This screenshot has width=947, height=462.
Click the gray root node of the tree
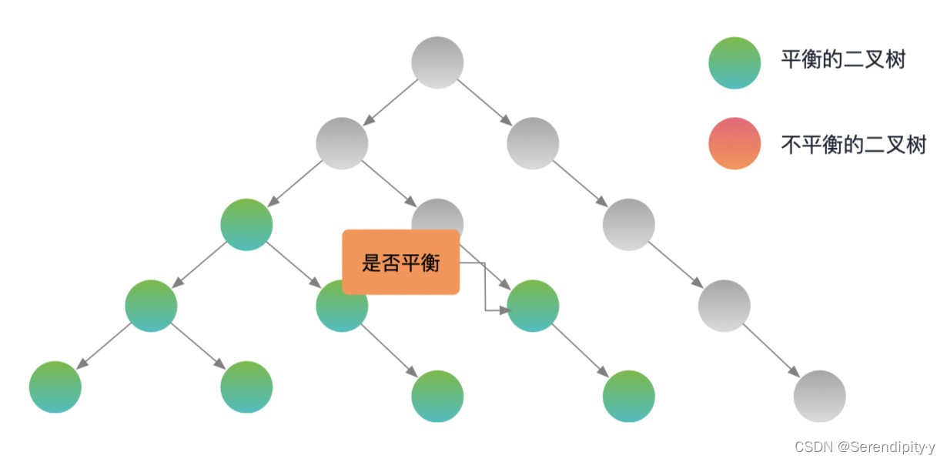[x=437, y=62]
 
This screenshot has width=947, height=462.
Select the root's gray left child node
[x=342, y=143]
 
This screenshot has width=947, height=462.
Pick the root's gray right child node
[x=533, y=143]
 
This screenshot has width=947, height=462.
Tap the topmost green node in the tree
[x=246, y=224]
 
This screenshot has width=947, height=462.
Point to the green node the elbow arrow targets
[x=533, y=306]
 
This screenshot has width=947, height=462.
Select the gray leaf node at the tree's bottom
[x=819, y=397]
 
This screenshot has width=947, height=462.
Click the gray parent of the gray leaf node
[x=724, y=306]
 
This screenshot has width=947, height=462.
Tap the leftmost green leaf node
[x=55, y=387]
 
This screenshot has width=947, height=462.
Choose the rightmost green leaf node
[x=628, y=397]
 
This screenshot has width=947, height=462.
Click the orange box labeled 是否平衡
[x=400, y=262]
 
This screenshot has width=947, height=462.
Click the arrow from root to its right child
[x=485, y=102]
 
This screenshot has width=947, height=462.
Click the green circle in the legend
[x=735, y=62]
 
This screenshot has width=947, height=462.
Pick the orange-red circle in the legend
[x=735, y=143]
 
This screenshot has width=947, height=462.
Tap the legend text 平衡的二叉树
[x=843, y=60]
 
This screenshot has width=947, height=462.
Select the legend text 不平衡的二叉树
[x=853, y=144]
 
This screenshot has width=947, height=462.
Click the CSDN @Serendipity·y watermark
[x=864, y=447]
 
